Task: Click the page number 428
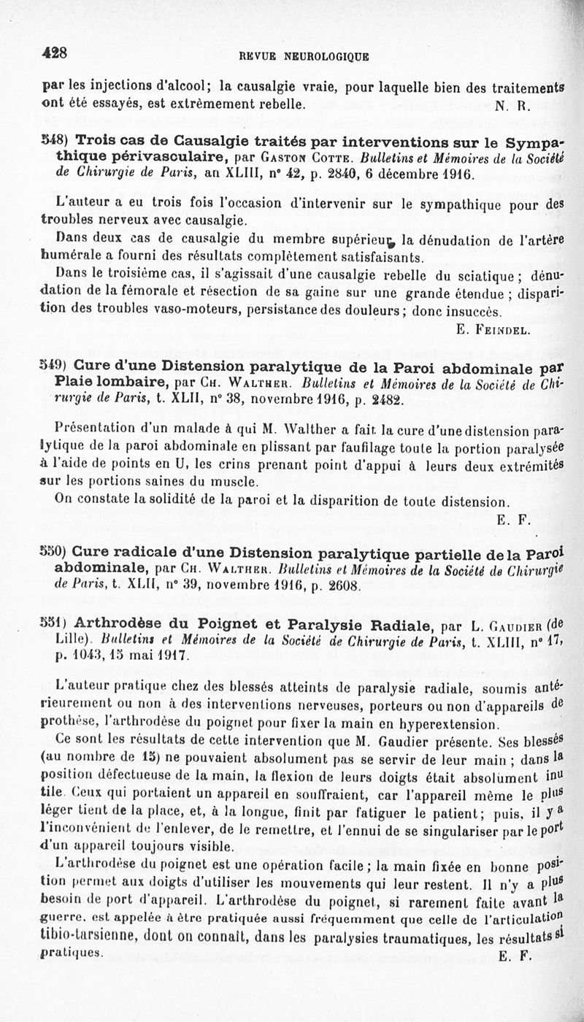click(x=55, y=52)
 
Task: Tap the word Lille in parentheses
click(x=70, y=639)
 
